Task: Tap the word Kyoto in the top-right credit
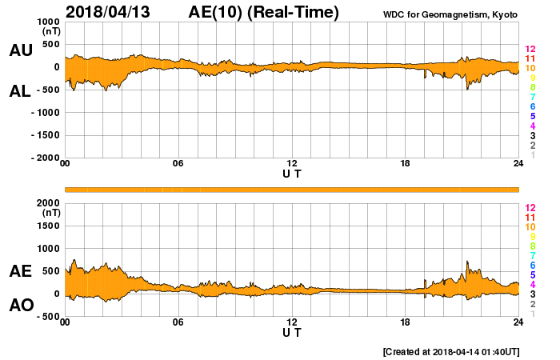504,14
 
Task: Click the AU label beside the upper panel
21,50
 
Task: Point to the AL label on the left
21,91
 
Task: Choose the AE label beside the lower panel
21,271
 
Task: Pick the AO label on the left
21,305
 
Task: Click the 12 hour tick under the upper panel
292,164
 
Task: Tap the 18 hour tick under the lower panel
406,322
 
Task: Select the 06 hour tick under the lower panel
178,322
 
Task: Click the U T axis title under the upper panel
292,174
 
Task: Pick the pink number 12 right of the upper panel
530,50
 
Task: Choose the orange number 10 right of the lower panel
530,227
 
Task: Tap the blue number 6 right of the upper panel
532,106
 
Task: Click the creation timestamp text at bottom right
451,352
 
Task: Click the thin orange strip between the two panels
292,190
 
